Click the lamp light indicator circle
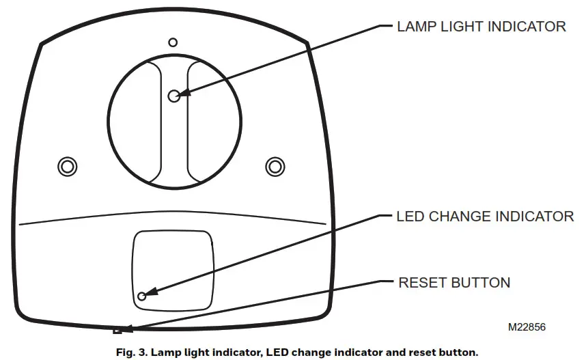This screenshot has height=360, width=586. tap(173, 96)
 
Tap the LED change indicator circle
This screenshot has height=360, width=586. tap(142, 296)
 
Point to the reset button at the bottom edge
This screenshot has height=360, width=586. tap(118, 331)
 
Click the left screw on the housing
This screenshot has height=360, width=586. tap(66, 165)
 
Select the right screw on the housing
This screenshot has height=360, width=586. tap(275, 165)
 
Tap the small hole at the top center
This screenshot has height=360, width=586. tap(173, 42)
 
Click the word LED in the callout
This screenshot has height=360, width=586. tap(410, 217)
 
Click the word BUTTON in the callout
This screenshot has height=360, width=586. tap(481, 282)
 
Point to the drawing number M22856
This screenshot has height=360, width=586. tap(526, 327)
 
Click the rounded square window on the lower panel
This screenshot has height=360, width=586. tap(173, 268)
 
